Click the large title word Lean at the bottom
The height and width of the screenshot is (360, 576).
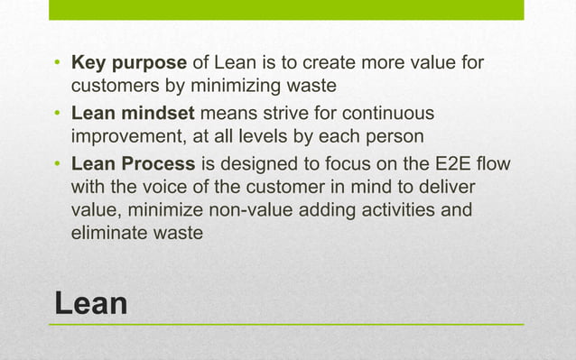(x=91, y=302)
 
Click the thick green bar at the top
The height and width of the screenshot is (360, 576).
(x=285, y=10)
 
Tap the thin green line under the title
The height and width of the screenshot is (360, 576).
(x=285, y=324)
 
